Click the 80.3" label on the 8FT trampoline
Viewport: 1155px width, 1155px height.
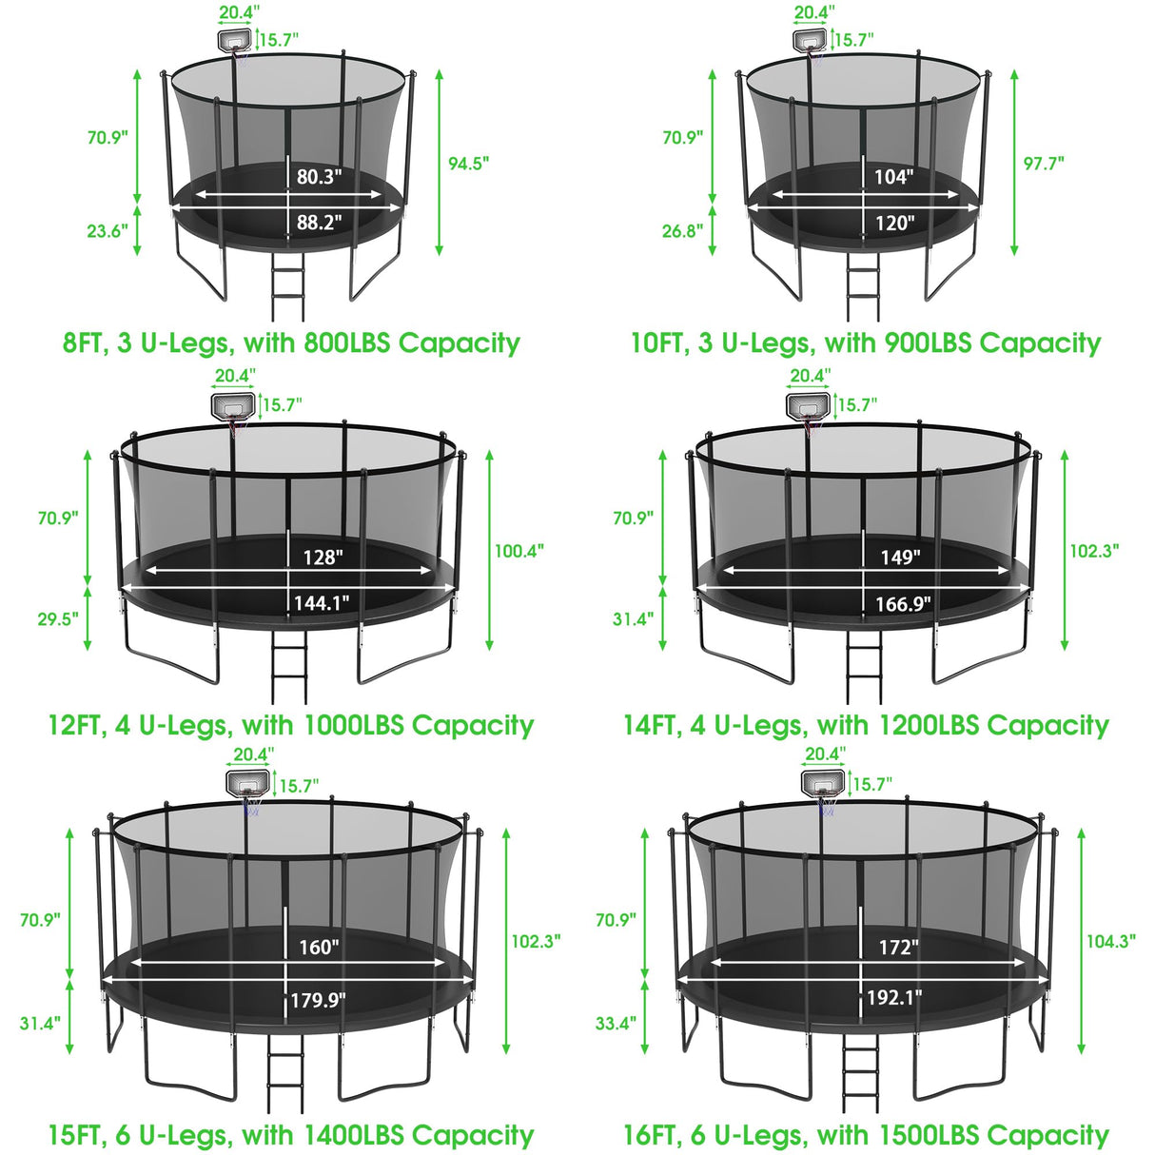319,177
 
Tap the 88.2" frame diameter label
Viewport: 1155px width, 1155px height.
319,223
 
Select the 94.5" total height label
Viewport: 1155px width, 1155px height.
468,163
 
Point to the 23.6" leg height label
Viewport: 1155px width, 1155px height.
108,231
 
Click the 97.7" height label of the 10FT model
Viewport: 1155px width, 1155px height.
1044,163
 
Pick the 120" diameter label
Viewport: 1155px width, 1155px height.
894,223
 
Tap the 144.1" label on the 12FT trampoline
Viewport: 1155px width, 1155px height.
322,602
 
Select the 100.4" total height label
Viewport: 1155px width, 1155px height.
519,550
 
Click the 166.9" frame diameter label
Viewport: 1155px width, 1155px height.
903,603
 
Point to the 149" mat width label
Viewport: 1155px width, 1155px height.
899,557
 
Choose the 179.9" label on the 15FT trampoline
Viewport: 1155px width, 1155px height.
318,1000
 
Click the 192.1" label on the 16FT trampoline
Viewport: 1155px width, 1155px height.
894,998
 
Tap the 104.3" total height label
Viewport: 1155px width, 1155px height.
1110,941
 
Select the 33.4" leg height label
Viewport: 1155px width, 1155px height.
616,1024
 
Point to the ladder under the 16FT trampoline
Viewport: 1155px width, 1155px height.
859,1069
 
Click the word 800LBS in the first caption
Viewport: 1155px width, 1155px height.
346,343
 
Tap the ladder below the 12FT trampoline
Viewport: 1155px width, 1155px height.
288,666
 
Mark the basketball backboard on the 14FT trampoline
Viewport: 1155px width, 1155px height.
807,407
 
